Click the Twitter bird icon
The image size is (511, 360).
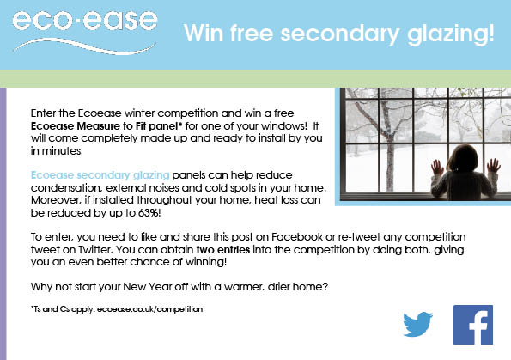(x=417, y=324)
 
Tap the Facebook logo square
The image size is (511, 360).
(x=473, y=325)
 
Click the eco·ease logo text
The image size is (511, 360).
(x=85, y=21)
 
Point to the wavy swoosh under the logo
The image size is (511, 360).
(x=84, y=46)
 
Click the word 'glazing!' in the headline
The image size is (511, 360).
(x=451, y=34)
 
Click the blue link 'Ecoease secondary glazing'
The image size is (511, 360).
(x=100, y=175)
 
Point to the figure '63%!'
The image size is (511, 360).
(x=149, y=212)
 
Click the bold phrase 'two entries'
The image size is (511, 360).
(x=223, y=250)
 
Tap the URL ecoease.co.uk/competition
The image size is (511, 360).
(x=149, y=309)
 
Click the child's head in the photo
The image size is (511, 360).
(x=463, y=158)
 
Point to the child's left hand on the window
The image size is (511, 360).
(x=436, y=168)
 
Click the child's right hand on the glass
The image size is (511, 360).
(x=494, y=166)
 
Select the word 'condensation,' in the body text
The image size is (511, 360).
(x=67, y=188)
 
